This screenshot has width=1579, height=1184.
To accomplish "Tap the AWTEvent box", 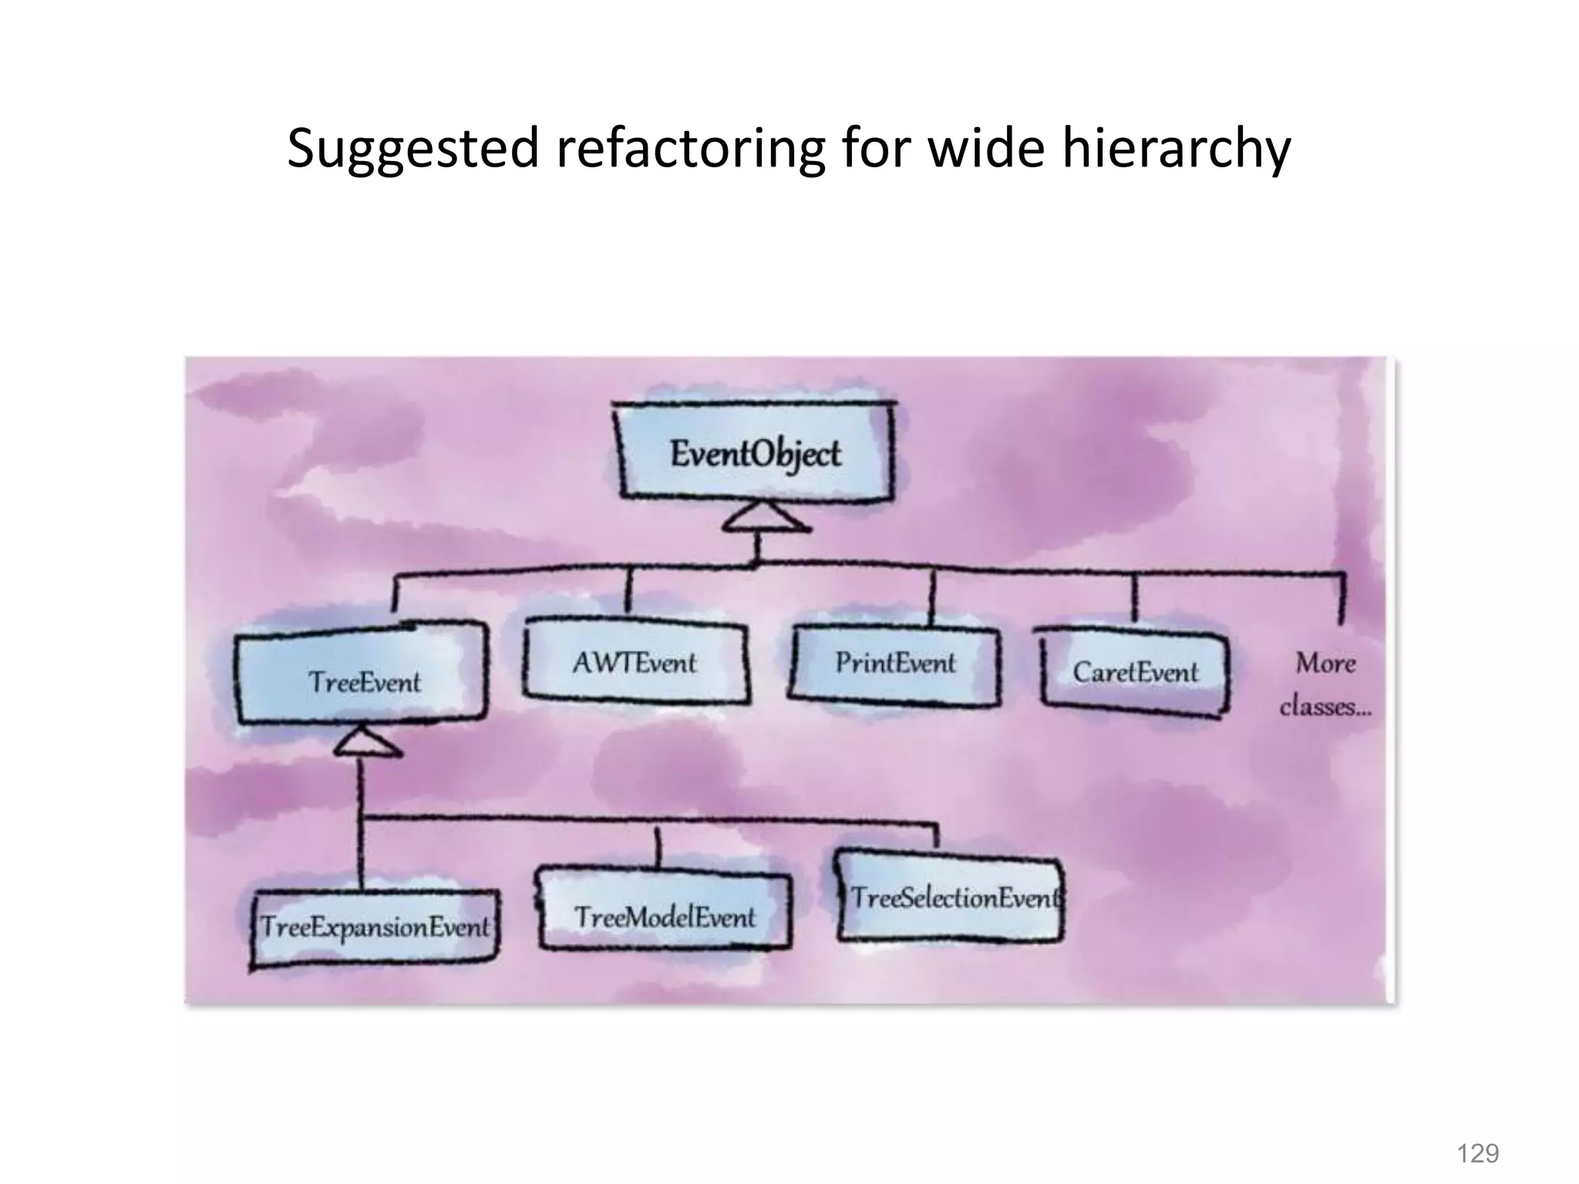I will click(635, 663).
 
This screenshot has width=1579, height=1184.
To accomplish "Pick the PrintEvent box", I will click(895, 664).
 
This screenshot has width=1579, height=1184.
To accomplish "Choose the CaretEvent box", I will click(1134, 673).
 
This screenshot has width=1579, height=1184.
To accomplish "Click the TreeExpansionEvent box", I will click(375, 927).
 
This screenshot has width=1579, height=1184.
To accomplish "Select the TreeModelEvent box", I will click(665, 917).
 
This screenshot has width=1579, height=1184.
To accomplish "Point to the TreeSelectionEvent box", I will click(953, 897).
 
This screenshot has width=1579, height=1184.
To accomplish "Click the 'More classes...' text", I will click(1325, 684).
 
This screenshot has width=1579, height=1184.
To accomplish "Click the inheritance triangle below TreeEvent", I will click(366, 743).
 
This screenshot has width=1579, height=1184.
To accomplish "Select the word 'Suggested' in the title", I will click(412, 148).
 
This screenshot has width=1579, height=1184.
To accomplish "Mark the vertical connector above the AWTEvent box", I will click(629, 594).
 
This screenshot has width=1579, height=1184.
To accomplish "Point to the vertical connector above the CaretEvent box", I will click(1133, 597).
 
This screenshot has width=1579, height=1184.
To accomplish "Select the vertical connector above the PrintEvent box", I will click(931, 597).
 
